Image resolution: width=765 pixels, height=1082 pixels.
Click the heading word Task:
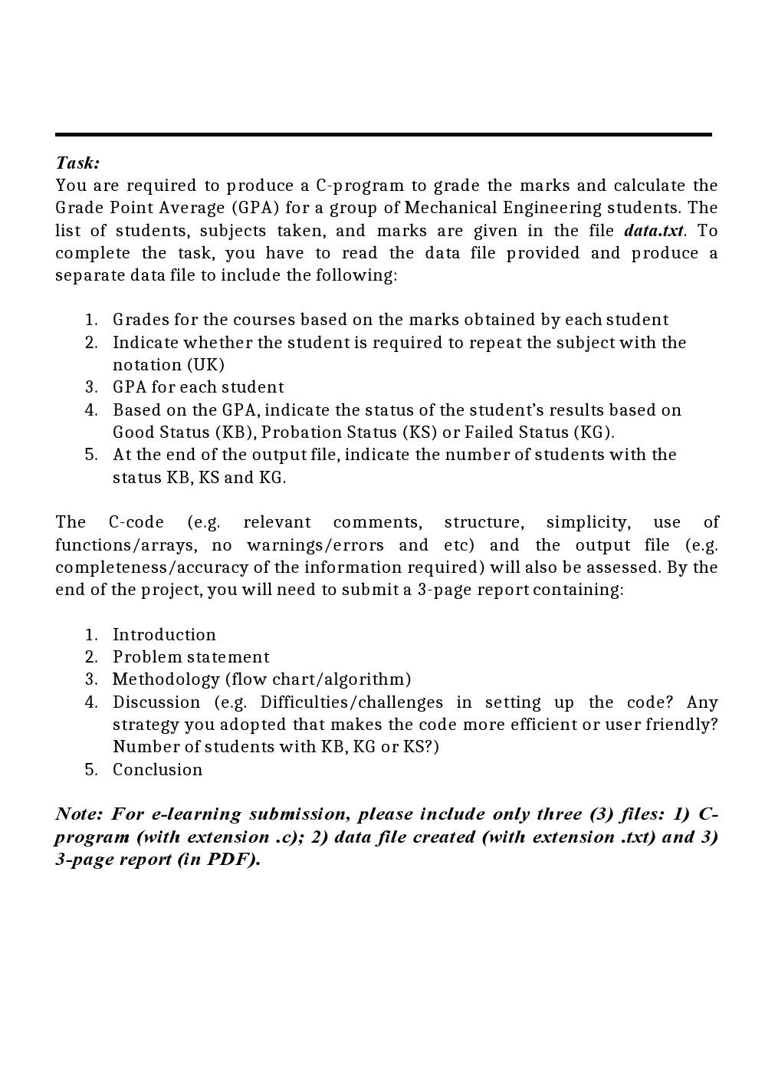pos(77,163)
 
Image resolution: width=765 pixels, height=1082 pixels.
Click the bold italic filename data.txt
pos(654,231)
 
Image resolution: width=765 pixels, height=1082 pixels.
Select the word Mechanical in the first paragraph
pos(451,208)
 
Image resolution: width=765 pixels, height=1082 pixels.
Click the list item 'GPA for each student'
pos(198,387)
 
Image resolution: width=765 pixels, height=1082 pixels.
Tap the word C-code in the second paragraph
pos(136,522)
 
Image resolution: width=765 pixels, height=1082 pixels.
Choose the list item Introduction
pos(164,635)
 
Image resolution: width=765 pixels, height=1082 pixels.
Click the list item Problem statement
pos(191,657)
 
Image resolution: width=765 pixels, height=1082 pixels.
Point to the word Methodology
pos(166,679)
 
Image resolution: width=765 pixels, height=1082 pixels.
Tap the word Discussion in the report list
pos(156,702)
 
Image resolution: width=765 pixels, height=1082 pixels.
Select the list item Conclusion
pos(157,770)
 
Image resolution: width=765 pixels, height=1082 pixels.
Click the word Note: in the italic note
pos(78,814)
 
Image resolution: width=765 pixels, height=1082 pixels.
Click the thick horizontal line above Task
pos(383,134)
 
